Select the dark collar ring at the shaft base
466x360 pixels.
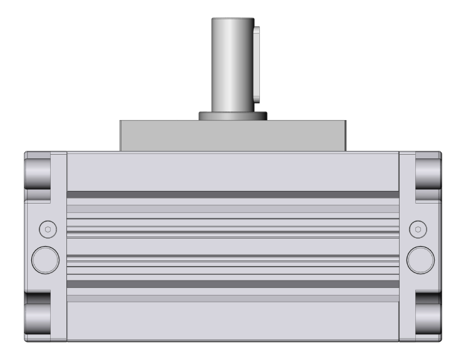[x=233, y=116]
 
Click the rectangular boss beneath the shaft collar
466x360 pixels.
[x=232, y=135]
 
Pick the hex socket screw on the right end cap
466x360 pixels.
[x=418, y=229]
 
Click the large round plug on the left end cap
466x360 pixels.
[x=44, y=258]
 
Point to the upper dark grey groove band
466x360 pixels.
[x=232, y=195]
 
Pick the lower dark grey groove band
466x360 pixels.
[x=232, y=284]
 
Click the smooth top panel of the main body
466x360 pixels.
[x=232, y=172]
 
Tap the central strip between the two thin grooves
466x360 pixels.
[x=232, y=244]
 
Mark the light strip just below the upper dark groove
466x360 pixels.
[x=232, y=208]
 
